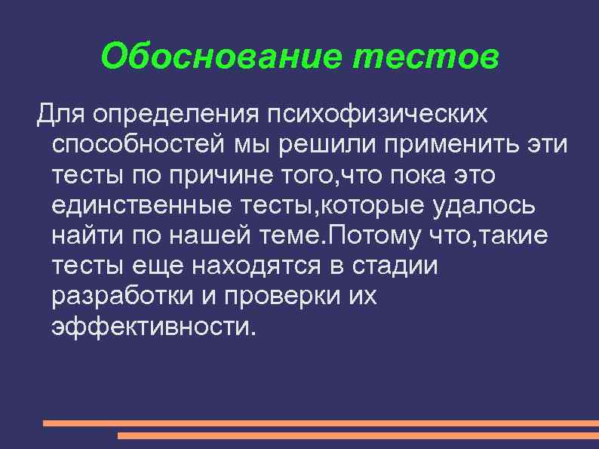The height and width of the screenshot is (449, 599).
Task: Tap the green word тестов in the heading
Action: pos(425,56)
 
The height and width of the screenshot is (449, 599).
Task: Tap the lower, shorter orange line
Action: pos(358,435)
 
